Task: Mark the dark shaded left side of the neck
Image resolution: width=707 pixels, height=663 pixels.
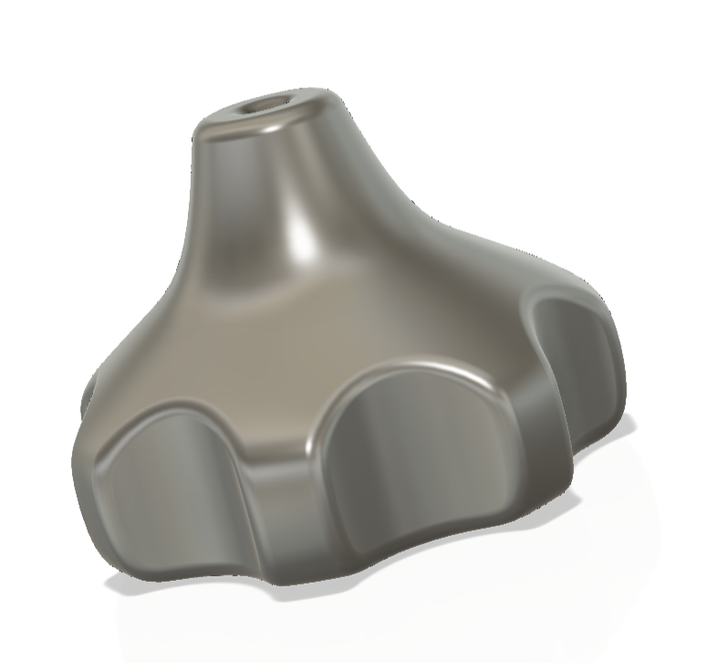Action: (219, 210)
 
